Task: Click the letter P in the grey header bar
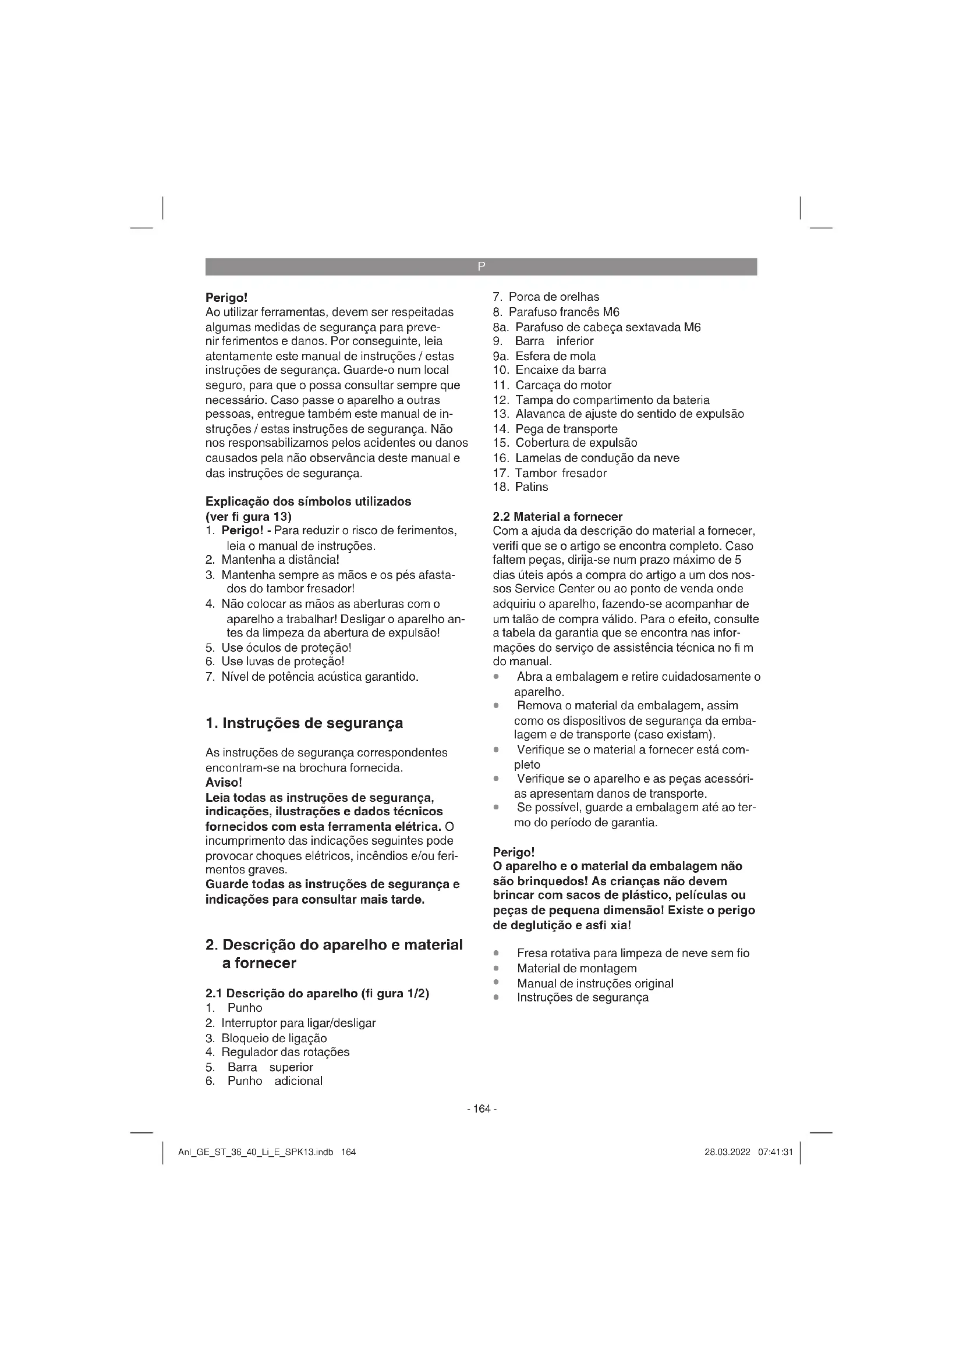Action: click(481, 266)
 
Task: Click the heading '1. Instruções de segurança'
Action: click(303, 723)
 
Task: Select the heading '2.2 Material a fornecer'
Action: click(557, 517)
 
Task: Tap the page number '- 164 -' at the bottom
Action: click(481, 1109)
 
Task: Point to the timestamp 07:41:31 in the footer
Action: click(775, 1152)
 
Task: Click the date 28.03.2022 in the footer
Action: click(727, 1152)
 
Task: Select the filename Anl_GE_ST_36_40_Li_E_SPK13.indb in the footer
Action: click(256, 1152)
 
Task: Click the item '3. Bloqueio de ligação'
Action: click(265, 1039)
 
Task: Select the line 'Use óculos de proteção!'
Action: click(286, 648)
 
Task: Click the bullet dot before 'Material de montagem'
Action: click(495, 969)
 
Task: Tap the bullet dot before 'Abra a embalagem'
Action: click(495, 677)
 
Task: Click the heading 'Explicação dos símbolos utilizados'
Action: click(308, 502)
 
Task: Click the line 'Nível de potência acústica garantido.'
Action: click(320, 677)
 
